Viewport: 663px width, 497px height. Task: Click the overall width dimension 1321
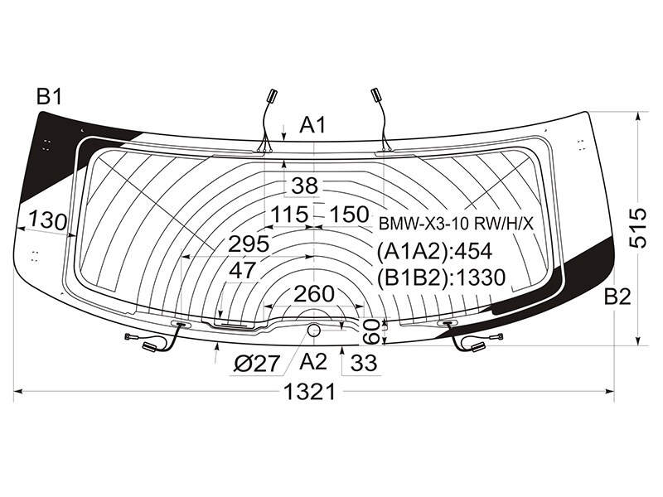click(309, 392)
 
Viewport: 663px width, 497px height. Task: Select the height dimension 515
click(637, 228)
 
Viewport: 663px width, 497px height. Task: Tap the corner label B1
click(49, 96)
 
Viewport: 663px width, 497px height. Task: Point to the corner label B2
click(617, 297)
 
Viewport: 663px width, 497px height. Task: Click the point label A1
click(313, 125)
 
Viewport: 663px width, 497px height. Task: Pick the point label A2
click(313, 362)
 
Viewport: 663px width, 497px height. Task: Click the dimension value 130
click(48, 220)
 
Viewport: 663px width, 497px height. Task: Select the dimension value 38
click(304, 186)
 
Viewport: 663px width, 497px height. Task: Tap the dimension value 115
click(289, 215)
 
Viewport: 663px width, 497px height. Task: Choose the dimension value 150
click(349, 215)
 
